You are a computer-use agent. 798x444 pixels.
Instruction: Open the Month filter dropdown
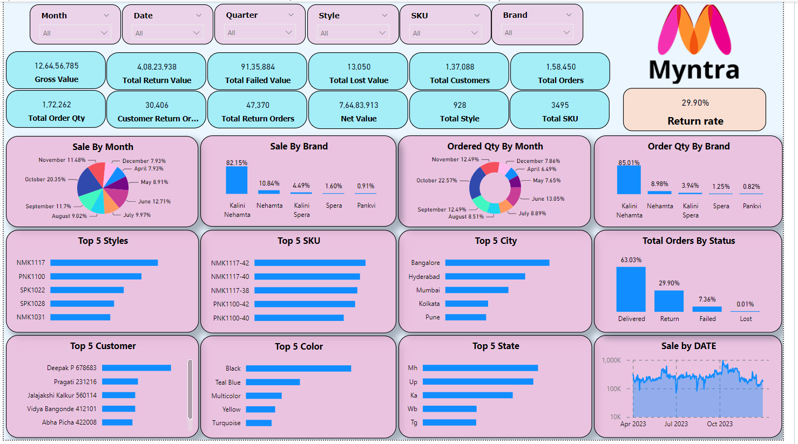[x=76, y=33]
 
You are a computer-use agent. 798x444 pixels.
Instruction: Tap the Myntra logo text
[x=694, y=70]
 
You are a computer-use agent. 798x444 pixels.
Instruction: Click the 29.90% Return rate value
[x=695, y=103]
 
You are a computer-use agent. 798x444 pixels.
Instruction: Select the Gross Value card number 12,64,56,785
[x=57, y=66]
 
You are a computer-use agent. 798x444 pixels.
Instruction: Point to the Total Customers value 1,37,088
[x=460, y=67]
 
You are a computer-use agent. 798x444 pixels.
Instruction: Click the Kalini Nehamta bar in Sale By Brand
[x=236, y=180]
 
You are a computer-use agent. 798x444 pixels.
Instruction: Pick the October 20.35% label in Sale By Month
[x=45, y=179]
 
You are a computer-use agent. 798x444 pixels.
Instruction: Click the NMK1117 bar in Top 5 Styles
[x=104, y=263]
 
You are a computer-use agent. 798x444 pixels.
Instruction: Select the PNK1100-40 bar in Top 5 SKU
[x=299, y=318]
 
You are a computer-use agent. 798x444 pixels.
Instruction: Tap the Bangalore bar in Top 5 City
[x=497, y=263]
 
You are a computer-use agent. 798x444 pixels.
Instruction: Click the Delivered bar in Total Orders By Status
[x=631, y=289]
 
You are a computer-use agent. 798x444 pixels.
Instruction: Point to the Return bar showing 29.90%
[x=669, y=301]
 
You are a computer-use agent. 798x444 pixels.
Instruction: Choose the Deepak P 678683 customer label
[x=72, y=368]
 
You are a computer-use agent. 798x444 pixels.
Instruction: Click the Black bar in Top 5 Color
[x=299, y=368]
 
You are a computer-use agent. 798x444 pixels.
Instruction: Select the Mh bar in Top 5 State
[x=480, y=368]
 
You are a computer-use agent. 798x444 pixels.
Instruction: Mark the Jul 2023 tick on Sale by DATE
[x=676, y=424]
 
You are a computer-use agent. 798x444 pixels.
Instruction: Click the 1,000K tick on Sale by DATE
[x=612, y=360]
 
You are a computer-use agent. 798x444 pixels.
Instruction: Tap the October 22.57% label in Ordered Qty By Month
[x=436, y=180]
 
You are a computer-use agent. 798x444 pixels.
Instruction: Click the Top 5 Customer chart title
[x=103, y=346]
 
